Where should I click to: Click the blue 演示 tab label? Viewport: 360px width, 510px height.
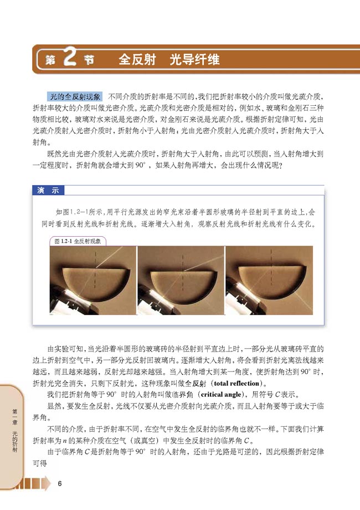pyautogui.click(x=48, y=190)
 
